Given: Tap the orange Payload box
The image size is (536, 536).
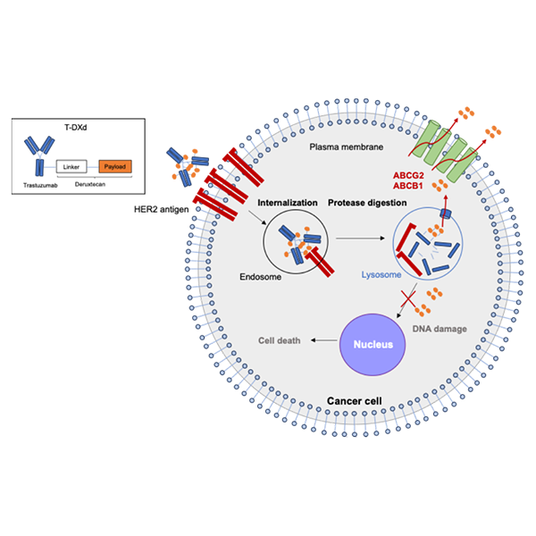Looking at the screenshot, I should pos(113,166).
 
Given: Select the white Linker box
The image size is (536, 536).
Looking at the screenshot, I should pos(71,166).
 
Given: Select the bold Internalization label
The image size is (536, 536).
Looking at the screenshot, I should pos(289,203).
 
